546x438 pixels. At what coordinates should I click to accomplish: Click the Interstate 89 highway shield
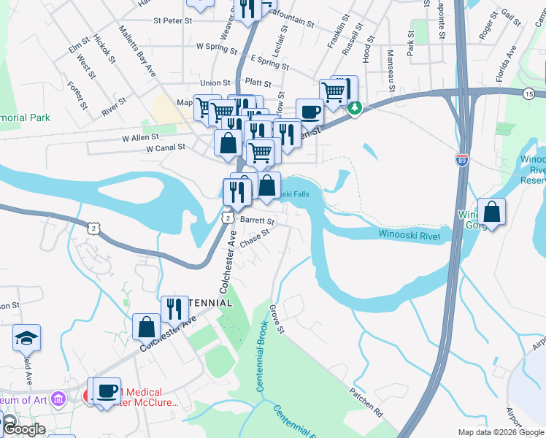click(461, 160)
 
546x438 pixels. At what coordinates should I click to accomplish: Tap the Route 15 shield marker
click(528, 93)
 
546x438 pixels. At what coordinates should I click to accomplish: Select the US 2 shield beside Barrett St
click(228, 218)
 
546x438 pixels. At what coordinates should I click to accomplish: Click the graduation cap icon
click(26, 338)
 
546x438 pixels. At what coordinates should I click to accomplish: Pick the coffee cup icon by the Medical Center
click(107, 391)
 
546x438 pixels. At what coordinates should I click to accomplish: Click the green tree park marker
click(355, 108)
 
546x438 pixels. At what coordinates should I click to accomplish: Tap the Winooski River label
click(410, 234)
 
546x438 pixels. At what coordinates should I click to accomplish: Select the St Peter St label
click(172, 20)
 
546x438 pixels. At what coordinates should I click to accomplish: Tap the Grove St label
click(276, 319)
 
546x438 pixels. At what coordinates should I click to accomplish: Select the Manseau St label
click(392, 69)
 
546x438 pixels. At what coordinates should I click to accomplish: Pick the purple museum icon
click(60, 399)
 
